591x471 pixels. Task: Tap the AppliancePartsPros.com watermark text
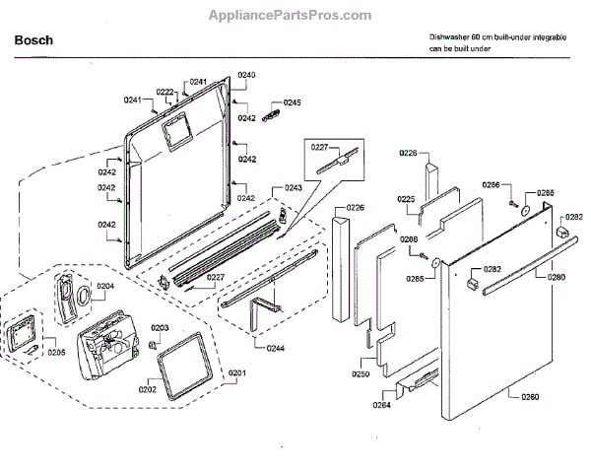[292, 15]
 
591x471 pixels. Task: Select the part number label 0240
[246, 76]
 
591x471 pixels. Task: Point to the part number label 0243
[293, 188]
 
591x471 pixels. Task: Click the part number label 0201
[237, 371]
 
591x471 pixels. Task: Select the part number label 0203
[159, 327]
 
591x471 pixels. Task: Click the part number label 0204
[105, 286]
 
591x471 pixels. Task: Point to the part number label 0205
[56, 352]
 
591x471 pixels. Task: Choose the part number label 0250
[361, 373]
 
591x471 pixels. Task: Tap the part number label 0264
[381, 404]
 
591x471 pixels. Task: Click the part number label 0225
[406, 199]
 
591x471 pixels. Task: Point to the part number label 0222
[166, 92]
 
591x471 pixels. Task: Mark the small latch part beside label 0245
[270, 117]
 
